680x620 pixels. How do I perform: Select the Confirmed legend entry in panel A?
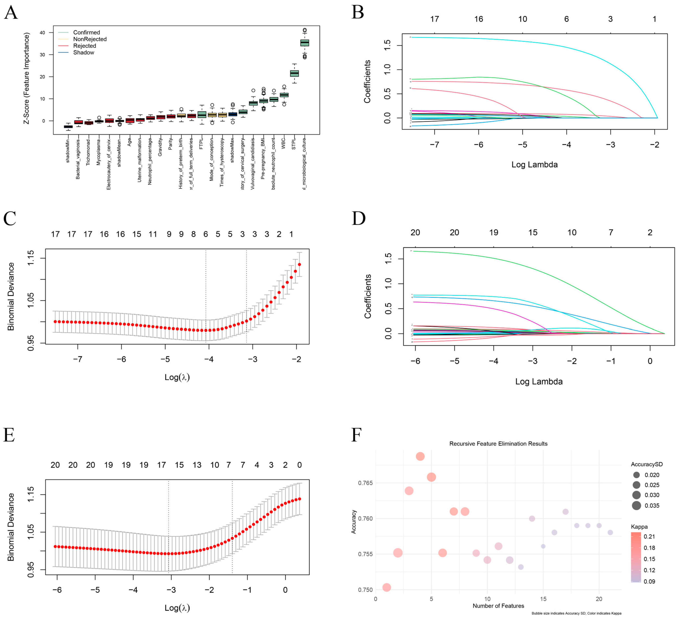[x=86, y=32]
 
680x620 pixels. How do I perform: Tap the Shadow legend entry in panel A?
[x=84, y=53]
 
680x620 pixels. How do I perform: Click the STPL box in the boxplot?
[x=294, y=73]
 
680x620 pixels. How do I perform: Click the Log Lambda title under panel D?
[x=539, y=382]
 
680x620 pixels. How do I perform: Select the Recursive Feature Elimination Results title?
[x=498, y=444]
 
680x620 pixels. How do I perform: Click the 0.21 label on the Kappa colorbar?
[x=649, y=536]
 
